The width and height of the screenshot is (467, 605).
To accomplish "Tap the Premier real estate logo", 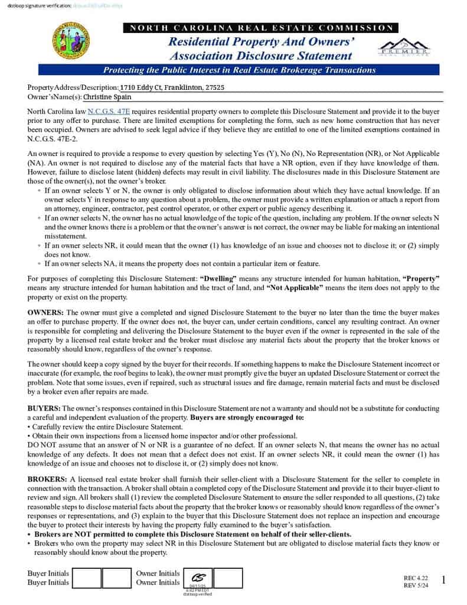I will coord(404,48).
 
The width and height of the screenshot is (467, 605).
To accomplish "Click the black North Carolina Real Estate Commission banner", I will coord(260,28).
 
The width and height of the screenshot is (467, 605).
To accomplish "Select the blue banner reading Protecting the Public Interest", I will coord(240,70).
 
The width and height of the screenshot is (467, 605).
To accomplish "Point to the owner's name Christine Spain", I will coord(107,97).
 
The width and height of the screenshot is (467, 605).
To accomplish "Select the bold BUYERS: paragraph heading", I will coord(44,408).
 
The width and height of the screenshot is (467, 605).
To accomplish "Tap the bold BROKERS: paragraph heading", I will coord(48,479).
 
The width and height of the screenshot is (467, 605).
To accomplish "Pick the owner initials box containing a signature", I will coord(198,578).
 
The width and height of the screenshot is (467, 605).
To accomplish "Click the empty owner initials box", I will coord(228,578).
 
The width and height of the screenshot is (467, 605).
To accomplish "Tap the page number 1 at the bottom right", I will coord(443,581).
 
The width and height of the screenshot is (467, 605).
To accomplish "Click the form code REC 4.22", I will coord(416,577).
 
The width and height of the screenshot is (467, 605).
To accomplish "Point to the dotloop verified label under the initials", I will coord(198,594).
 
